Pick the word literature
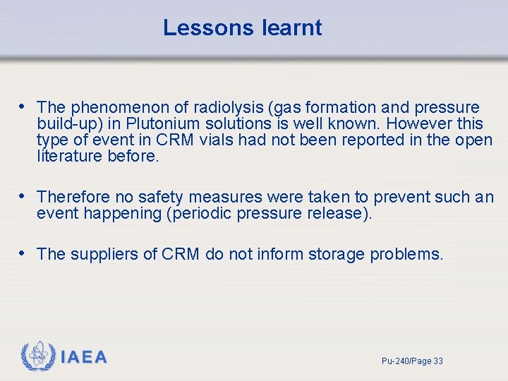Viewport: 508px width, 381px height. [x=70, y=156]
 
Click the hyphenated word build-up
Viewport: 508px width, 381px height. [x=70, y=124]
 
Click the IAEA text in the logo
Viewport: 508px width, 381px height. [x=84, y=357]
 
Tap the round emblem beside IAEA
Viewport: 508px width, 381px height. [x=38, y=356]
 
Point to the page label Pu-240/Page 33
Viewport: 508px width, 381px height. [x=412, y=361]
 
